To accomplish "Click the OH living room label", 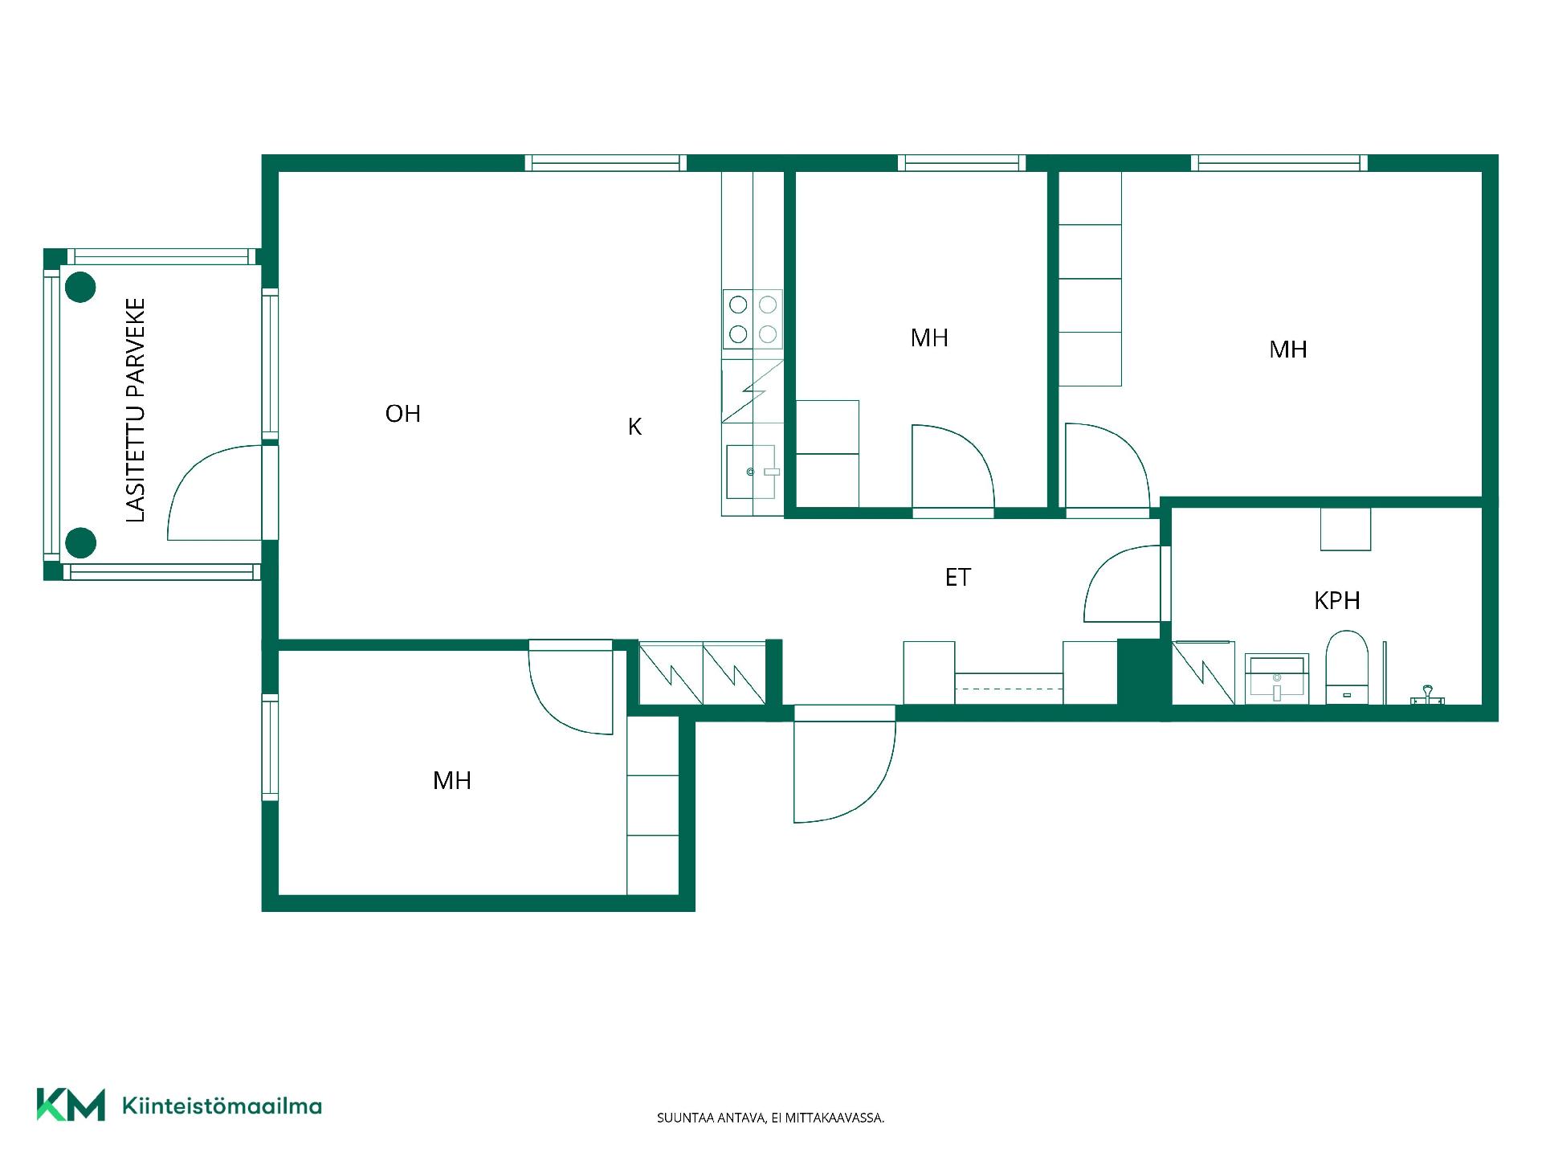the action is (x=403, y=414).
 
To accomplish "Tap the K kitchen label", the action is (x=634, y=427).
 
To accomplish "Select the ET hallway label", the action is (x=958, y=577).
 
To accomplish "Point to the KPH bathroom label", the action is (x=1337, y=600).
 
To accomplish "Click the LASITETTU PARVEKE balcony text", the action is (x=136, y=410).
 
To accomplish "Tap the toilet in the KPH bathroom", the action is (x=1347, y=667).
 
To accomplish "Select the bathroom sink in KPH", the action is (x=1277, y=678).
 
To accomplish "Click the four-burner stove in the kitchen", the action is (x=753, y=319).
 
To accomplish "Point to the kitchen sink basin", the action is (x=750, y=472).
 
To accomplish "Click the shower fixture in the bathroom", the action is (x=1427, y=696).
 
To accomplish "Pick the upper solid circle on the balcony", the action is (x=80, y=287).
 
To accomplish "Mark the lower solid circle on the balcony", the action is (x=80, y=543).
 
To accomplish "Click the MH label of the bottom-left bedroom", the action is (x=452, y=780).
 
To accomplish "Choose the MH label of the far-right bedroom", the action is (x=1288, y=350).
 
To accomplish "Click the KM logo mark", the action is (x=71, y=1105).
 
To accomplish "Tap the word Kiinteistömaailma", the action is (x=222, y=1106).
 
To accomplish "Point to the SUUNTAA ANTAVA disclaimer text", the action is (x=771, y=1118).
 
